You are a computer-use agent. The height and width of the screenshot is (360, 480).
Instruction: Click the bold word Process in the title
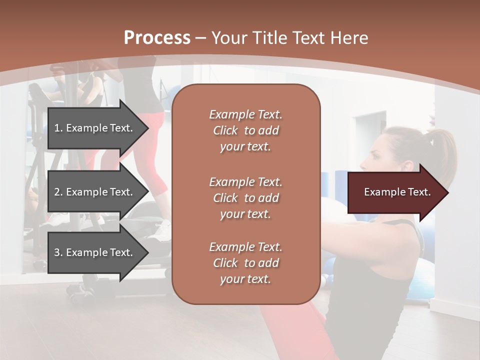coord(157,38)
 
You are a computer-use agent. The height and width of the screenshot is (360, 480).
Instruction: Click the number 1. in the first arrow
coord(58,128)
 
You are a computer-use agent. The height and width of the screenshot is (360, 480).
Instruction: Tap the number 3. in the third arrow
coord(58,252)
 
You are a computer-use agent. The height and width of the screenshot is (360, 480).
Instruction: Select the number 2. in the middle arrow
coord(58,192)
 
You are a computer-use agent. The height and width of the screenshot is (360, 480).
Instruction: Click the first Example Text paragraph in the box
coord(245,130)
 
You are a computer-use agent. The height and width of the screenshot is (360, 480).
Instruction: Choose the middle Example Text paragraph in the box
coord(245,198)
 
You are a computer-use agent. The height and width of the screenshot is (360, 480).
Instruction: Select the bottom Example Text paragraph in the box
coord(245,263)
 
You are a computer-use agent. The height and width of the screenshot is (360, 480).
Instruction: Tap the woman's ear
coord(406,166)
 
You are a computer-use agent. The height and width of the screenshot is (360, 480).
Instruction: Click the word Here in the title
coord(349,38)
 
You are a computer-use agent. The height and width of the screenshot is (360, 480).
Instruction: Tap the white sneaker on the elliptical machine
coord(162,229)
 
